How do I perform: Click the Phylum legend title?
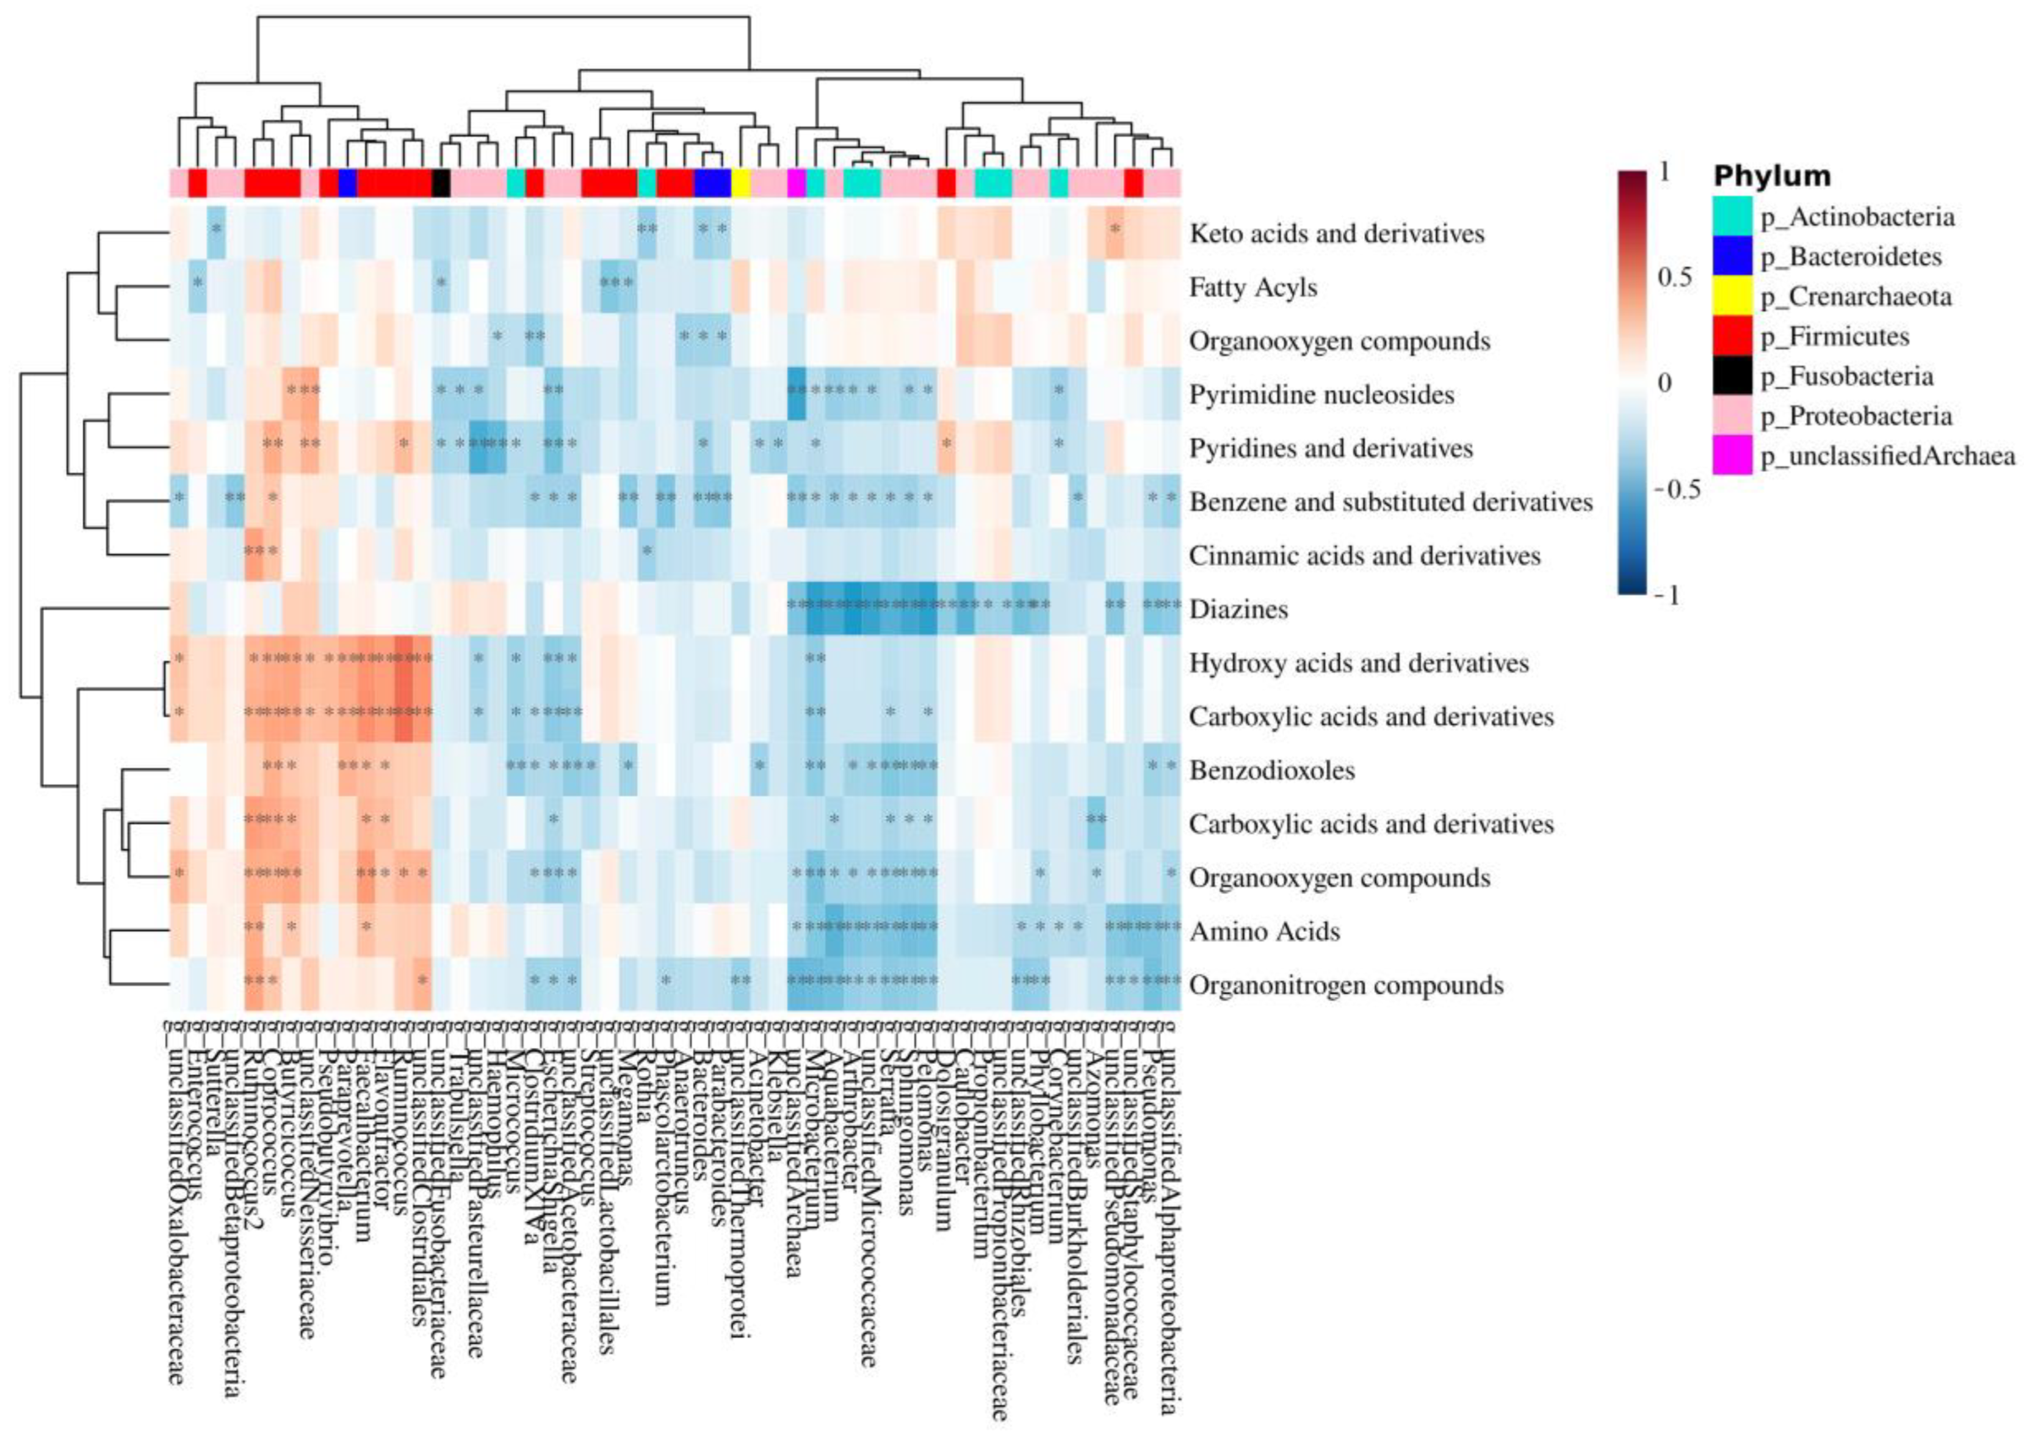coord(1772,176)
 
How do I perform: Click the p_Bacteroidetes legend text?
coord(1851,256)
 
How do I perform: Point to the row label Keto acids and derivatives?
coord(1336,234)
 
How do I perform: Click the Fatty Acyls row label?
coord(1252,288)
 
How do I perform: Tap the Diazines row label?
coord(1238,609)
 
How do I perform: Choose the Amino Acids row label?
coord(1264,932)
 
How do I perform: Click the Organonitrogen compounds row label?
coord(1346,985)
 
